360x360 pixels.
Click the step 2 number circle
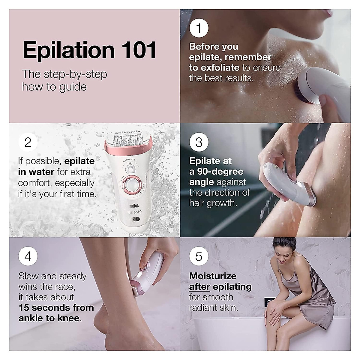28,142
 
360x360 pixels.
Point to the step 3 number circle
199,142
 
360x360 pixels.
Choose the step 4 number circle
28,257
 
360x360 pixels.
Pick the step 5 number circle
199,257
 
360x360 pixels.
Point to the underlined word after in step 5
199,287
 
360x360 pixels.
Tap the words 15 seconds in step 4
44,308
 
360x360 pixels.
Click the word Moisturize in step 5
213,276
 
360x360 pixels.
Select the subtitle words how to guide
54,87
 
